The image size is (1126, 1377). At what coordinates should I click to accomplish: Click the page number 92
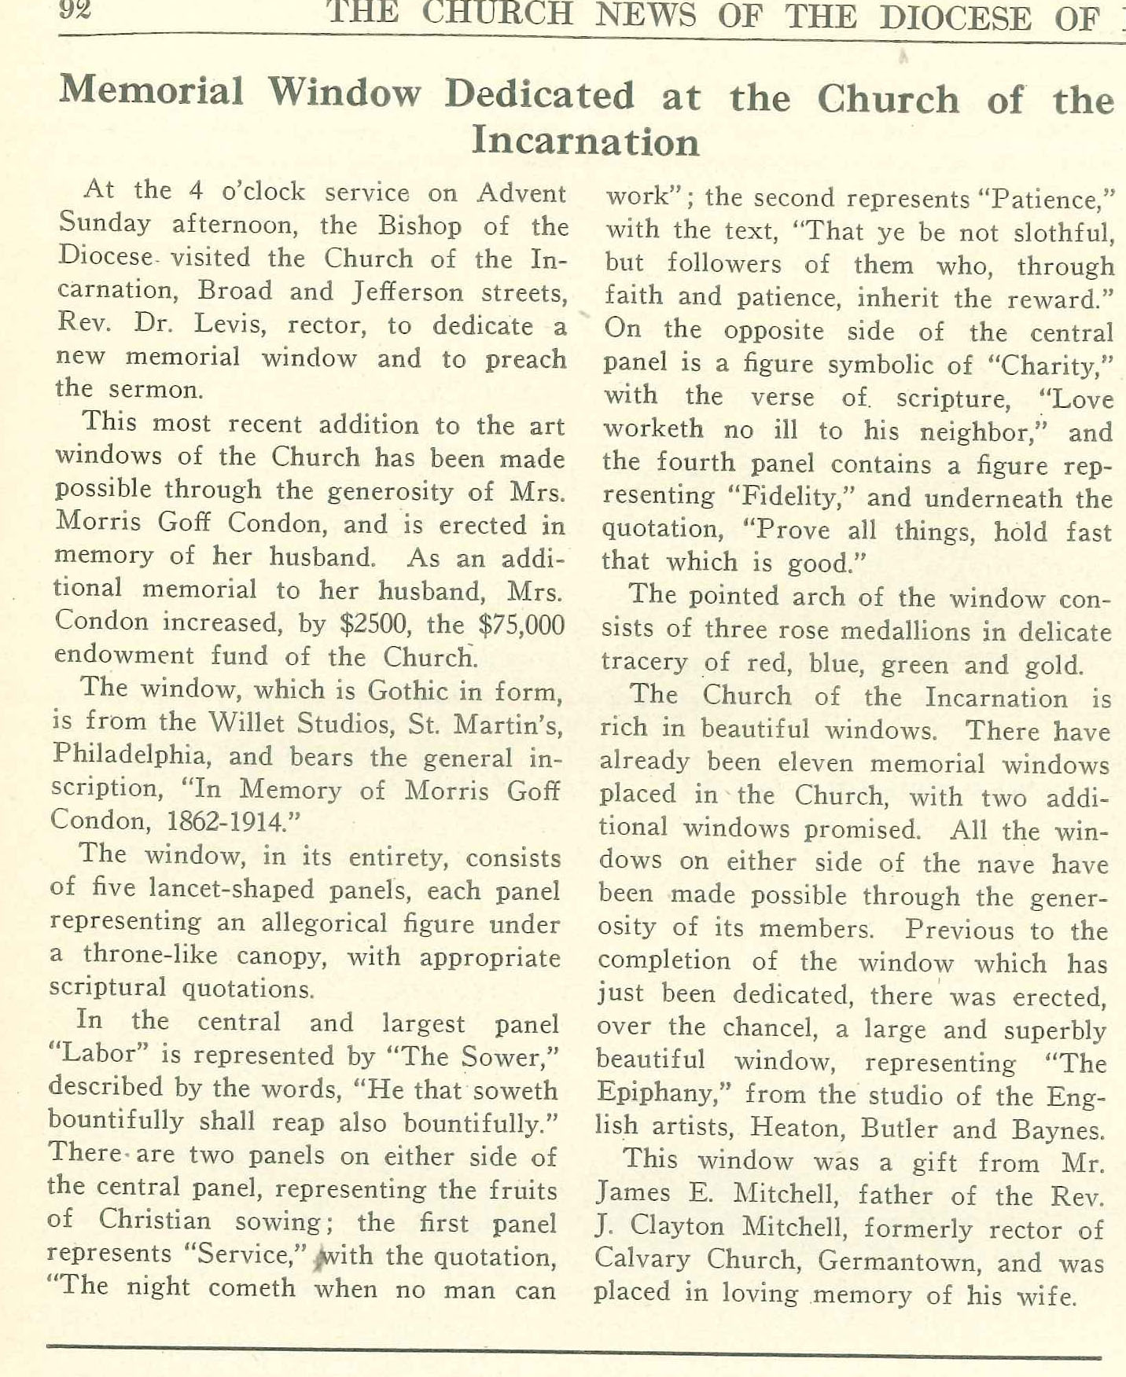[75, 11]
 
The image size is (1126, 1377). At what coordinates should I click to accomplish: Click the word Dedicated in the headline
[539, 95]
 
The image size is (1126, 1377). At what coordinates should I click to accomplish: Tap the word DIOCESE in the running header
[955, 17]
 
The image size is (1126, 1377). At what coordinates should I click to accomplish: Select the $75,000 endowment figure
[521, 625]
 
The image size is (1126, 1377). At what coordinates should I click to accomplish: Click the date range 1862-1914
[225, 821]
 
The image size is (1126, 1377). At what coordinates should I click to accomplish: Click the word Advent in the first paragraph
[521, 193]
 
